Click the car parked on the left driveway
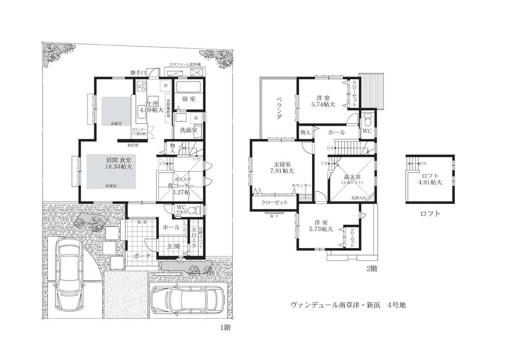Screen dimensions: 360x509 click(68, 274)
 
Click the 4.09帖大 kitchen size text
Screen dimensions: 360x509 click(151, 109)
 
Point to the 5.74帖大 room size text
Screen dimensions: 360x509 click(323, 104)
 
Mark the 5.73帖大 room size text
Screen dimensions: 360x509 click(321, 229)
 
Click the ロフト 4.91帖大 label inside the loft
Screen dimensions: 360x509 click(431, 178)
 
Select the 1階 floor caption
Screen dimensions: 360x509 click(223, 327)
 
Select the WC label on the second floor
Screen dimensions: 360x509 click(366, 131)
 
